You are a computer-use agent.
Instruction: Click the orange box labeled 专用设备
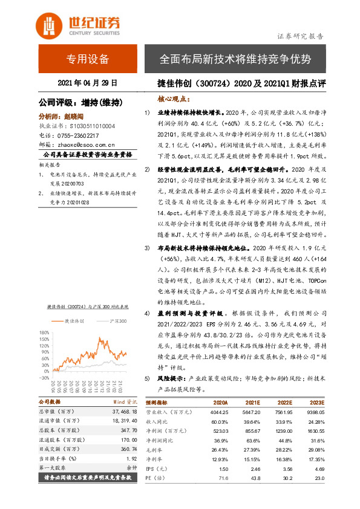click(x=88, y=59)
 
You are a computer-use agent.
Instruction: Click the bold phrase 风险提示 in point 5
click(x=171, y=378)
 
